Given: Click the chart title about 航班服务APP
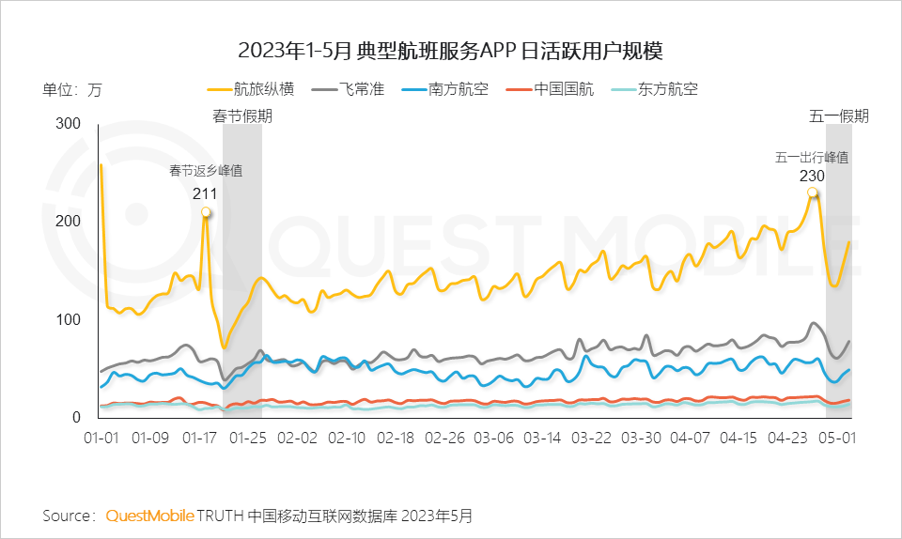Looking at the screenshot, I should point(450,49).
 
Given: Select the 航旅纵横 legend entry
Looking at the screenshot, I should point(251,90).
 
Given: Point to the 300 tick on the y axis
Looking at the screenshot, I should point(70,124).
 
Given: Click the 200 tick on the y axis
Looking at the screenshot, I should point(70,222).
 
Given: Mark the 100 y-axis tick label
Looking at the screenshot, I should point(70,320).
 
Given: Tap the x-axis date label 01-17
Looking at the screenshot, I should point(199,439).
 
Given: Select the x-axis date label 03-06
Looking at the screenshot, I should point(493,439).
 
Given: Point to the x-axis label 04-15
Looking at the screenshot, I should point(739,439).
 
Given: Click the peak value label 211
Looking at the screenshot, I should point(205,194).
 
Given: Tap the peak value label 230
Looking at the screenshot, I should point(812,177).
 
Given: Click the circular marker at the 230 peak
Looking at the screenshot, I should point(813,193).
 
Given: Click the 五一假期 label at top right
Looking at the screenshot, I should point(839,116).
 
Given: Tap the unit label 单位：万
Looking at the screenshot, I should point(71,90).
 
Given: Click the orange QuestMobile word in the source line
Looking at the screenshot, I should point(150,516).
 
